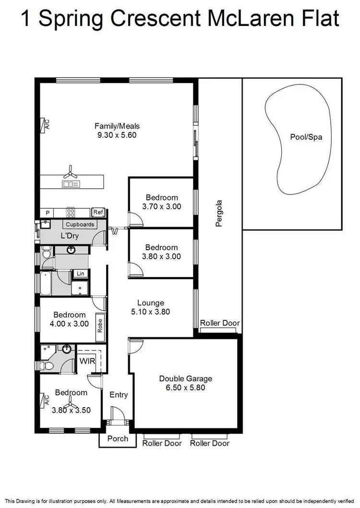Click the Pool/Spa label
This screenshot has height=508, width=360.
click(306, 137)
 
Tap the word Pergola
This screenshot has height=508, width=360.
click(219, 213)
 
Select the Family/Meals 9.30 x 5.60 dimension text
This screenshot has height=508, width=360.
click(117, 135)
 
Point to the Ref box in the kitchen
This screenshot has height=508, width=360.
click(98, 212)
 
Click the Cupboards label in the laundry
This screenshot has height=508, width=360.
click(80, 224)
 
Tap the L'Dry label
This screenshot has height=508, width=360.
click(69, 236)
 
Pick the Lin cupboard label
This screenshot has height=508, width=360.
click(79, 274)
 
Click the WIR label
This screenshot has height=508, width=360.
click(86, 360)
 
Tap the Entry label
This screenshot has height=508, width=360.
click(119, 395)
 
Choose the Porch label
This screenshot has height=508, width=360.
click(118, 438)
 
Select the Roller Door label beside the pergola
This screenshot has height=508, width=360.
click(219, 323)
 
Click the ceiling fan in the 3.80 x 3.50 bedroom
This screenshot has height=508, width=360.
click(71, 402)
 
